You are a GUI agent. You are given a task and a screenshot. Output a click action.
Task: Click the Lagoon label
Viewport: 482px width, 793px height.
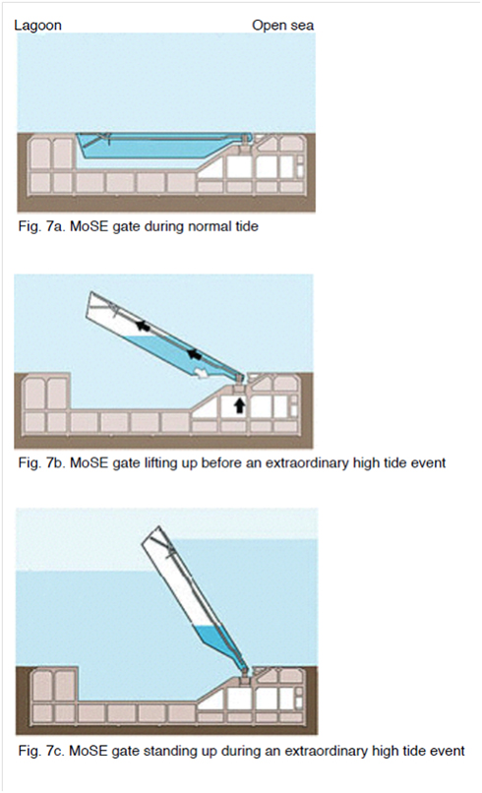[38, 26]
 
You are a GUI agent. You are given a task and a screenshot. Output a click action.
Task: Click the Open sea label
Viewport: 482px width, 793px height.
[282, 26]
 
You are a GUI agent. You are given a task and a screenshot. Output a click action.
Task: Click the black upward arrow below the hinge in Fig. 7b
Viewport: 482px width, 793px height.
[240, 405]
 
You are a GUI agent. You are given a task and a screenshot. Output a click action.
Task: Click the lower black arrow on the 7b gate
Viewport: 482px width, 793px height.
[194, 354]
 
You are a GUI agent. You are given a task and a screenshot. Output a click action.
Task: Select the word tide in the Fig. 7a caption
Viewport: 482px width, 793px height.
[246, 226]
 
